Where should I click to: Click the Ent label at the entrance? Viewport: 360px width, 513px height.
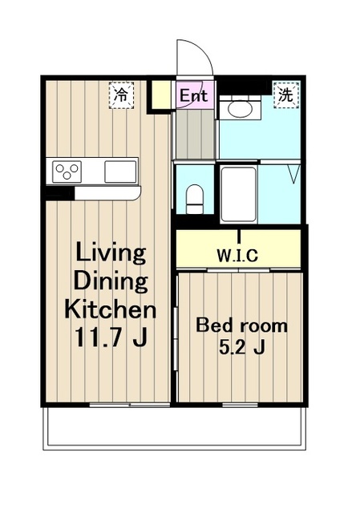194,96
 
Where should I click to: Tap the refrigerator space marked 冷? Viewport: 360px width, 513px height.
121,95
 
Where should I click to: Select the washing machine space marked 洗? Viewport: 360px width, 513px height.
286,95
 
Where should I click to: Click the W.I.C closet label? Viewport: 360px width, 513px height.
237,256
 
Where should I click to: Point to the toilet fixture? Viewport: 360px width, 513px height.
194,199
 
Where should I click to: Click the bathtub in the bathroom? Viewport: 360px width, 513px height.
238,194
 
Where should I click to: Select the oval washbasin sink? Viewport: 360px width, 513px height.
240,109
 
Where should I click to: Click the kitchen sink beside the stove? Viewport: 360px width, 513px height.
120,172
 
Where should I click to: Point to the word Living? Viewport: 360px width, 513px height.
111,252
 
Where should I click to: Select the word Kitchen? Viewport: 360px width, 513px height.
111,309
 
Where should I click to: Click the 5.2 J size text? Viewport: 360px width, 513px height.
241,348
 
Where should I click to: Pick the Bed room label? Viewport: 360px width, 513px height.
241,326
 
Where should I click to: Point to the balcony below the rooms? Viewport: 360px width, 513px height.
175,428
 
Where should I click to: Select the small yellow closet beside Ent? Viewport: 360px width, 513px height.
160,94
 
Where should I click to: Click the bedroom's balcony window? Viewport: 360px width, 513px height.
241,405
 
